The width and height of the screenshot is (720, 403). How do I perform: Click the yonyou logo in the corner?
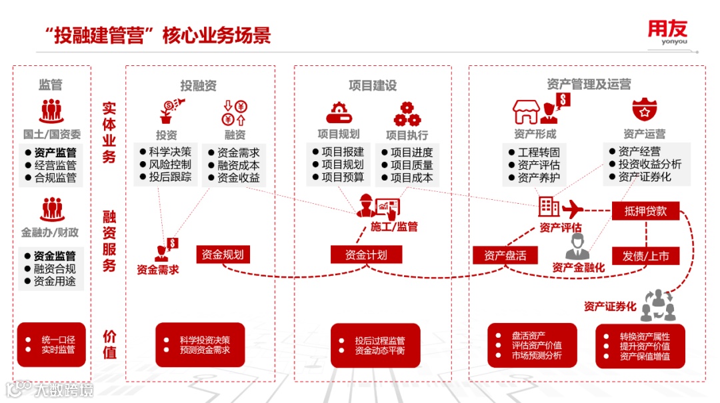(667, 33)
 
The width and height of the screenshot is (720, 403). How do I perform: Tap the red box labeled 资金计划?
(359, 254)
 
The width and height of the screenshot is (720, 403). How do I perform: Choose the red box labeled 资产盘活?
(505, 255)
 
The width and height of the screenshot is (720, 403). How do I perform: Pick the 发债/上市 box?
(645, 256)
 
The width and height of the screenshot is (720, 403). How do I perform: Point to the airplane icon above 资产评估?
(573, 208)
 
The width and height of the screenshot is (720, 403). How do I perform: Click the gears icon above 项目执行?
(407, 113)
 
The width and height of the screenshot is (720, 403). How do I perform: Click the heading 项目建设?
(373, 86)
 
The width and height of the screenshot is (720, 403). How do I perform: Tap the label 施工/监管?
(394, 226)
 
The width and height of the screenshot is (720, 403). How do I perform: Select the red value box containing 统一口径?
(51, 344)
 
